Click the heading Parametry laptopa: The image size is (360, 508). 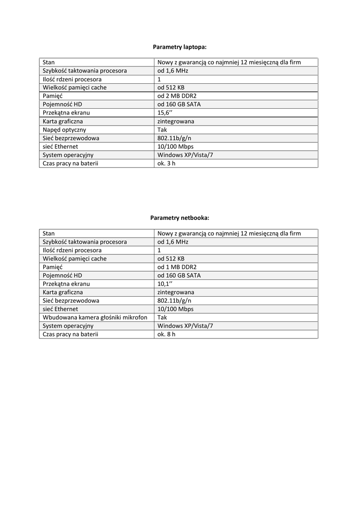point(179,47)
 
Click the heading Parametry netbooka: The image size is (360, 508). point(179,218)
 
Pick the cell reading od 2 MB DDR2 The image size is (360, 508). point(177,96)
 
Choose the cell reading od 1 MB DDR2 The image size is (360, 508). point(177,267)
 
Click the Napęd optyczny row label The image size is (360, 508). point(65,129)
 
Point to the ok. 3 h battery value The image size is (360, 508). point(166,163)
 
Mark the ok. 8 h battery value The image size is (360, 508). point(166,334)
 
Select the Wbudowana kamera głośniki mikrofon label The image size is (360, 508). point(95,317)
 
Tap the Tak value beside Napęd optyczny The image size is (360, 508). point(162,129)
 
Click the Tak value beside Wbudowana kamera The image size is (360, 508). point(162,317)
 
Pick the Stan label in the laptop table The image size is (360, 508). point(49,63)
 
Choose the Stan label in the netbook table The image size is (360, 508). point(49,233)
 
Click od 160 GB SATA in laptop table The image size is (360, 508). point(179,104)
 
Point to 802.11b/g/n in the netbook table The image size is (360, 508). point(174,301)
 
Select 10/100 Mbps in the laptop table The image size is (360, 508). point(175,146)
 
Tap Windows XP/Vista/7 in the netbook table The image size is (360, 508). point(185,326)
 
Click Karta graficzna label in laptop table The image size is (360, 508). point(63,121)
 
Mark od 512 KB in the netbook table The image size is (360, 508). point(171,258)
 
